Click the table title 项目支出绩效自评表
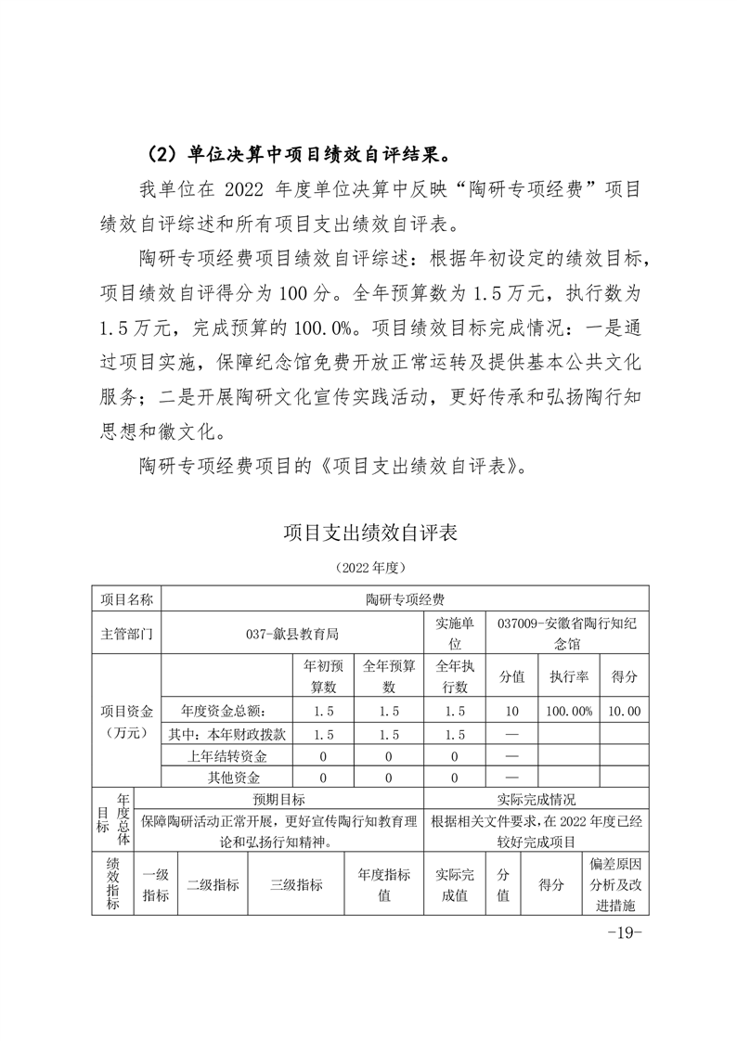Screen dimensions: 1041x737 (x=369, y=533)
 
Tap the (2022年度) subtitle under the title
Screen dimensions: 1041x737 (x=369, y=566)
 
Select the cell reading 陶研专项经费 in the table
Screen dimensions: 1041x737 (x=405, y=600)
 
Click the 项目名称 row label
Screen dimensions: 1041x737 (x=127, y=600)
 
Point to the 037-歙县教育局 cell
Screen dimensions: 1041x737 (x=292, y=634)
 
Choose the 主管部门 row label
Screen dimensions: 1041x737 (x=127, y=634)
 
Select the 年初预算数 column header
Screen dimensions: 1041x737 (x=324, y=676)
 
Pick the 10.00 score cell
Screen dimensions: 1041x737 (x=624, y=711)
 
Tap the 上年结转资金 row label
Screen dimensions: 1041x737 (x=226, y=755)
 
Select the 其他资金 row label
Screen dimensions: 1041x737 (x=226, y=778)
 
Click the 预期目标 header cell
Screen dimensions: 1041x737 (x=279, y=799)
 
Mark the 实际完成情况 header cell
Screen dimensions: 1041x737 (x=537, y=799)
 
